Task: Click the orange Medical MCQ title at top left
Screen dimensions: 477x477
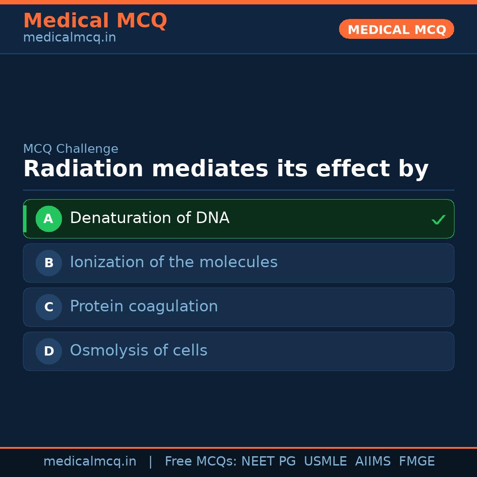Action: pos(95,21)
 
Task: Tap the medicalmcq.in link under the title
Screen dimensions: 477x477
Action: pos(70,38)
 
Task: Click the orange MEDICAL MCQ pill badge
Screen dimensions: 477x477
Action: pos(396,29)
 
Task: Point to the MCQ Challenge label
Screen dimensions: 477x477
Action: pos(71,149)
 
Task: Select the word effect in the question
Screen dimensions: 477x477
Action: pos(353,169)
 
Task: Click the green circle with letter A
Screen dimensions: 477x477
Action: pos(49,219)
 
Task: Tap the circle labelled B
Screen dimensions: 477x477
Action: pos(49,263)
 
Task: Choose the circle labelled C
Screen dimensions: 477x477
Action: pos(49,307)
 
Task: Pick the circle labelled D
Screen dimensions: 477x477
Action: pos(49,351)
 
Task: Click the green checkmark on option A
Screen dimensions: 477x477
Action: pos(439,220)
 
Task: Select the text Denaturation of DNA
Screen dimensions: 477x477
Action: pos(150,218)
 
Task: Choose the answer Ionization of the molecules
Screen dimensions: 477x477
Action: pos(174,262)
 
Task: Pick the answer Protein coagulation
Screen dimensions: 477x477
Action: pos(144,307)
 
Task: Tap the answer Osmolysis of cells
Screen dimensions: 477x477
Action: pos(139,350)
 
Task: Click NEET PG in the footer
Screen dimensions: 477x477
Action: pos(269,461)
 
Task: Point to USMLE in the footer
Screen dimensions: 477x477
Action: pos(325,461)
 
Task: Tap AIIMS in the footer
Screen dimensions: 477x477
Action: pos(373,461)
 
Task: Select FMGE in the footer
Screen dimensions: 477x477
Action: pos(417,461)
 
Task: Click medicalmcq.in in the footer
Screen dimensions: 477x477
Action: pos(90,462)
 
